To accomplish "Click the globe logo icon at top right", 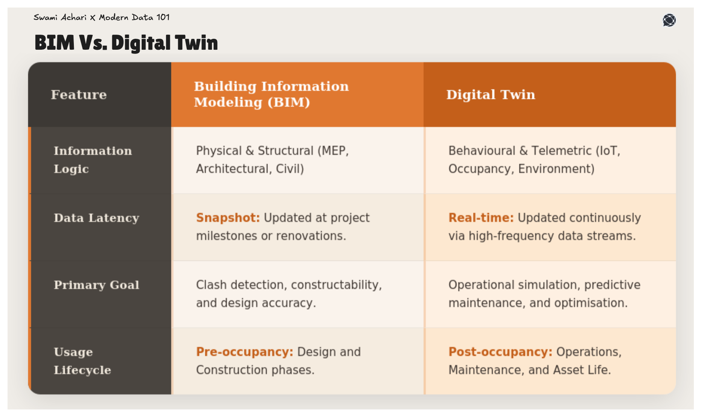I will click(669, 20).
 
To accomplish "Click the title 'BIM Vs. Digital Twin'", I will click(126, 43).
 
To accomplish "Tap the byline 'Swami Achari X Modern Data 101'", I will click(102, 17).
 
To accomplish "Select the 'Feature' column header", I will click(79, 95).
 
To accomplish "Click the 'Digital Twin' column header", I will click(490, 95).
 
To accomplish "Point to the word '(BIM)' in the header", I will click(289, 102).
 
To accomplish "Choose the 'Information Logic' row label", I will click(93, 160).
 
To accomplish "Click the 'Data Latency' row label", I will click(96, 218).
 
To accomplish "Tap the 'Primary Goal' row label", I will click(96, 285).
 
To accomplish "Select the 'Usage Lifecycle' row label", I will click(82, 361).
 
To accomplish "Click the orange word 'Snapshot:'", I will click(228, 218).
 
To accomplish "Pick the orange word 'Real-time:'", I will click(481, 218).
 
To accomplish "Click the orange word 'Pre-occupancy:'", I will click(244, 352).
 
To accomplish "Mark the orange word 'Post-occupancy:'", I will click(500, 352).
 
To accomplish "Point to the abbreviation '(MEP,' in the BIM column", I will click(333, 151).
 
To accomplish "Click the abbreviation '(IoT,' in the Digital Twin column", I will click(608, 151).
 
